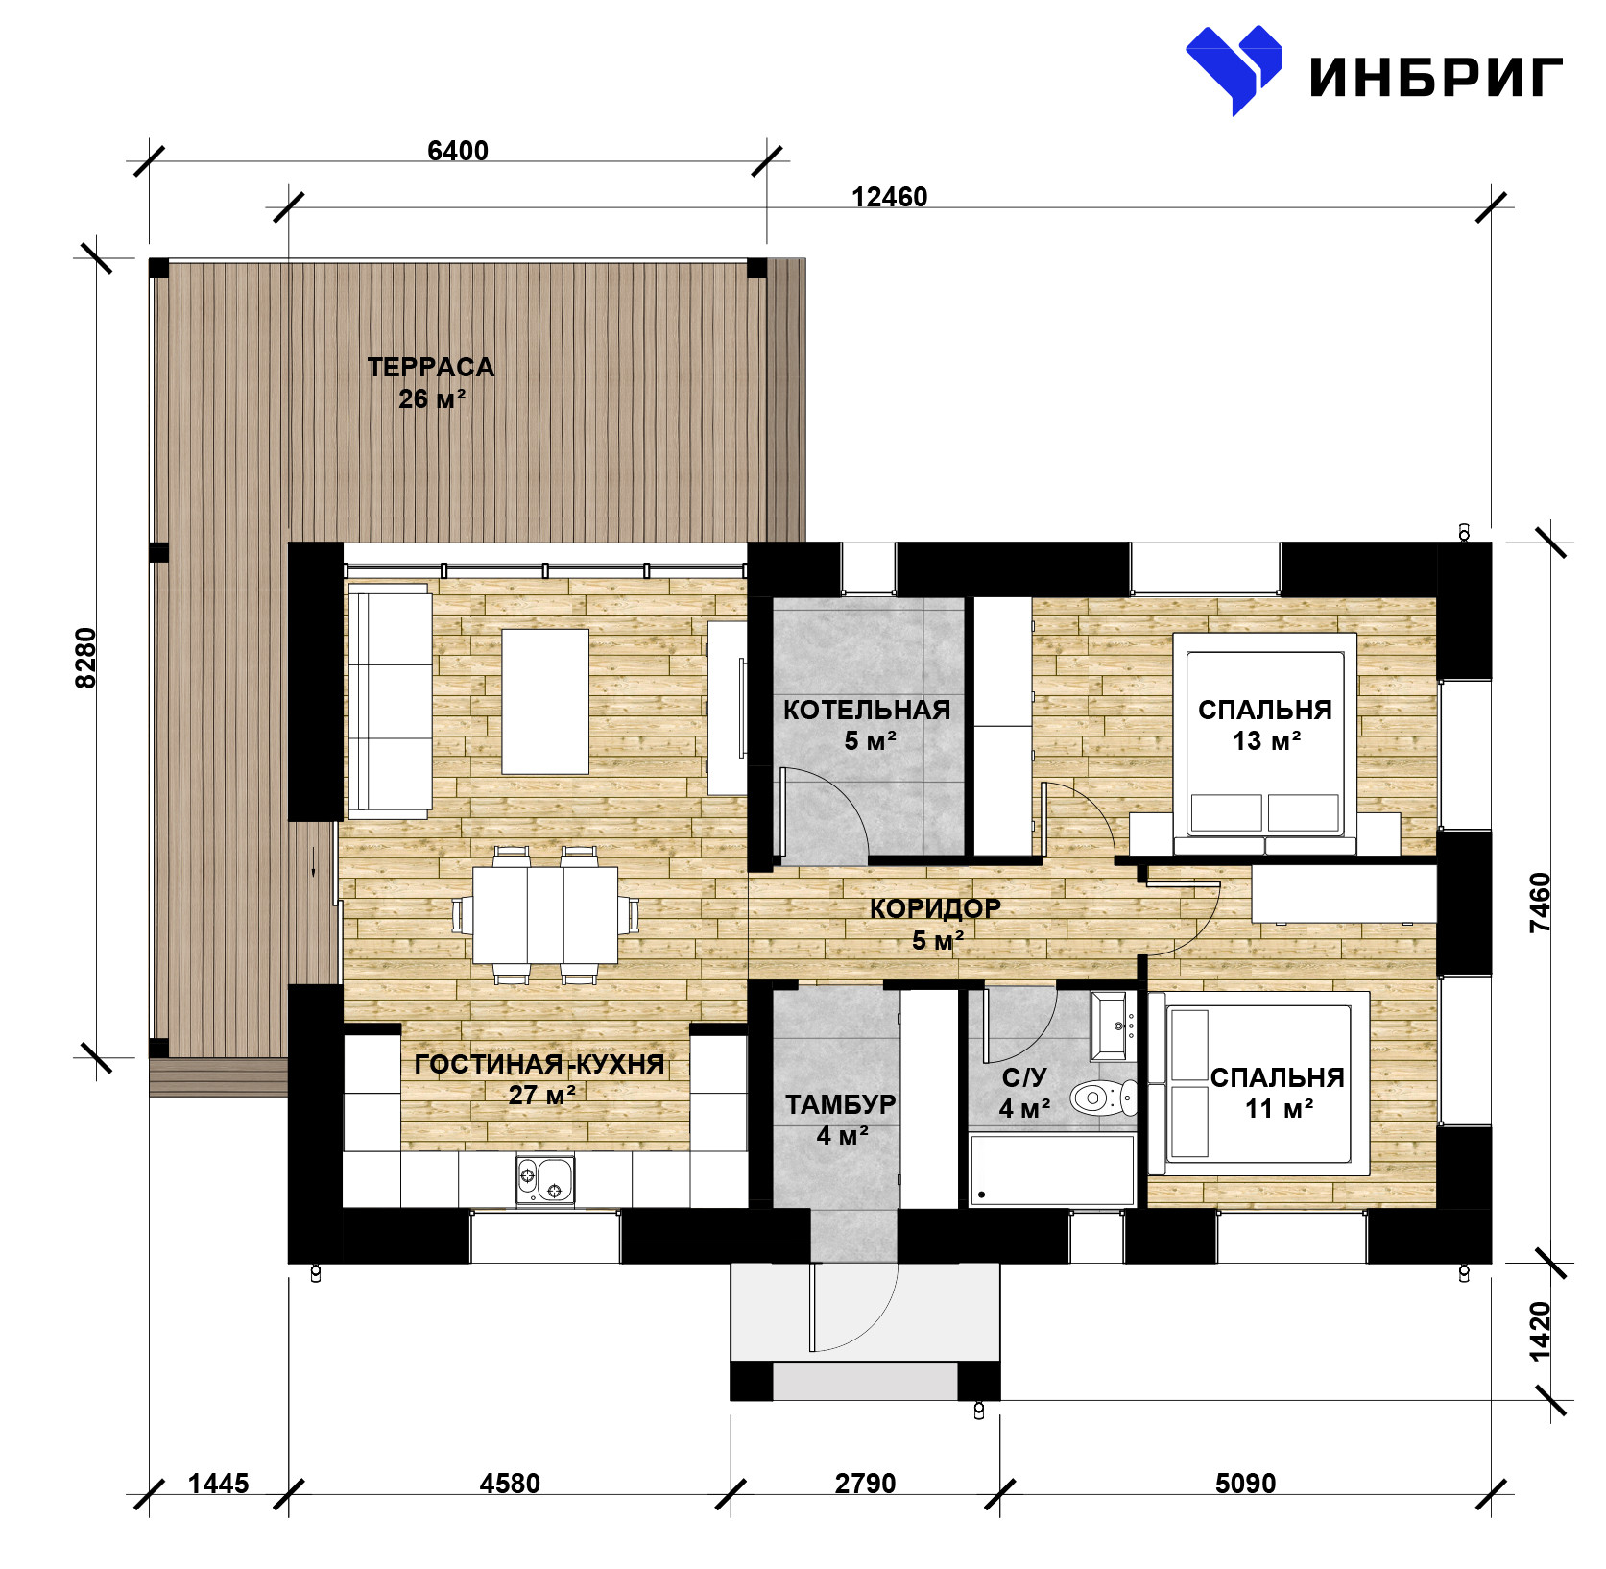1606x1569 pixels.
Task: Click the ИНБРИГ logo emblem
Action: click(x=1234, y=69)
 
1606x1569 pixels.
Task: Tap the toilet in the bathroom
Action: click(x=1103, y=1098)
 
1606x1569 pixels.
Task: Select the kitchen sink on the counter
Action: click(x=544, y=1181)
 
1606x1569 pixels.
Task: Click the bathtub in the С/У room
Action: click(x=1052, y=1170)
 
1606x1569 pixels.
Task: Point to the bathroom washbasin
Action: click(x=1113, y=1026)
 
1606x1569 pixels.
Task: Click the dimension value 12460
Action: click(x=890, y=197)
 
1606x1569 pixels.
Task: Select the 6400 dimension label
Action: click(x=458, y=151)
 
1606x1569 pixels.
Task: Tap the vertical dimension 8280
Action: click(x=86, y=658)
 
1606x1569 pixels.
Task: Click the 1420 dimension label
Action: click(x=1539, y=1331)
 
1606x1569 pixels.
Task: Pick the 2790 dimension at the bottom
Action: click(x=865, y=1484)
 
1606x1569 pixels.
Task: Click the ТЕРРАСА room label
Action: click(x=431, y=367)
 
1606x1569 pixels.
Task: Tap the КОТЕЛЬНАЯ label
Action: click(x=867, y=710)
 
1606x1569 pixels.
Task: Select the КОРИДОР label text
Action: click(x=935, y=908)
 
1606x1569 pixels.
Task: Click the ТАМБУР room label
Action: click(x=841, y=1104)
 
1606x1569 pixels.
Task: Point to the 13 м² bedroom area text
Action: click(x=1267, y=740)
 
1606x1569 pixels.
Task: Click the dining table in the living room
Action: click(x=545, y=915)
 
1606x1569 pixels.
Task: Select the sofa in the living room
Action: click(x=389, y=700)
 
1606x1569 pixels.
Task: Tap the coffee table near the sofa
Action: click(x=545, y=701)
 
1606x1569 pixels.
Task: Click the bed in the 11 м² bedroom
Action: click(x=1258, y=1083)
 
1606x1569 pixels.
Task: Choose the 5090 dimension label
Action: click(x=1245, y=1484)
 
